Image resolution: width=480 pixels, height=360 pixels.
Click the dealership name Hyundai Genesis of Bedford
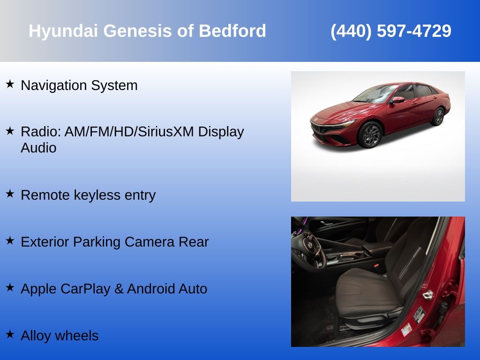pos(147,31)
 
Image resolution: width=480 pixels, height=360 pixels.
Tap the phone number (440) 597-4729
pos(391,31)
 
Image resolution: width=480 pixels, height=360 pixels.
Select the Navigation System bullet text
pos(79,86)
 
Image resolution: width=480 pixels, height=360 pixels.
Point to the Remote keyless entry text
pos(88,195)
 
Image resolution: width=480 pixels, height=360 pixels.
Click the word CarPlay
pos(86,289)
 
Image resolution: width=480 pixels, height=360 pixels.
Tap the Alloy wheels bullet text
pos(60,336)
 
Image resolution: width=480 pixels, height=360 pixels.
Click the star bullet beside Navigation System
pos(10,84)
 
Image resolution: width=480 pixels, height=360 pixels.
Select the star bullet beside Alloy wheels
pos(10,334)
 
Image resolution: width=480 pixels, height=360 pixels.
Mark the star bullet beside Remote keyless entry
pos(10,194)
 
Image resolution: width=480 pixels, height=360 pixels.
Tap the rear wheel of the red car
pos(438,116)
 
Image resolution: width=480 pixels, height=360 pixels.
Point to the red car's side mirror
pos(397,99)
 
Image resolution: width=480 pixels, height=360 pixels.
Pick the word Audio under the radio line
pos(38,148)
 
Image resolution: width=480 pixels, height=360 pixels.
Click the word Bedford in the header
pos(232,31)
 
